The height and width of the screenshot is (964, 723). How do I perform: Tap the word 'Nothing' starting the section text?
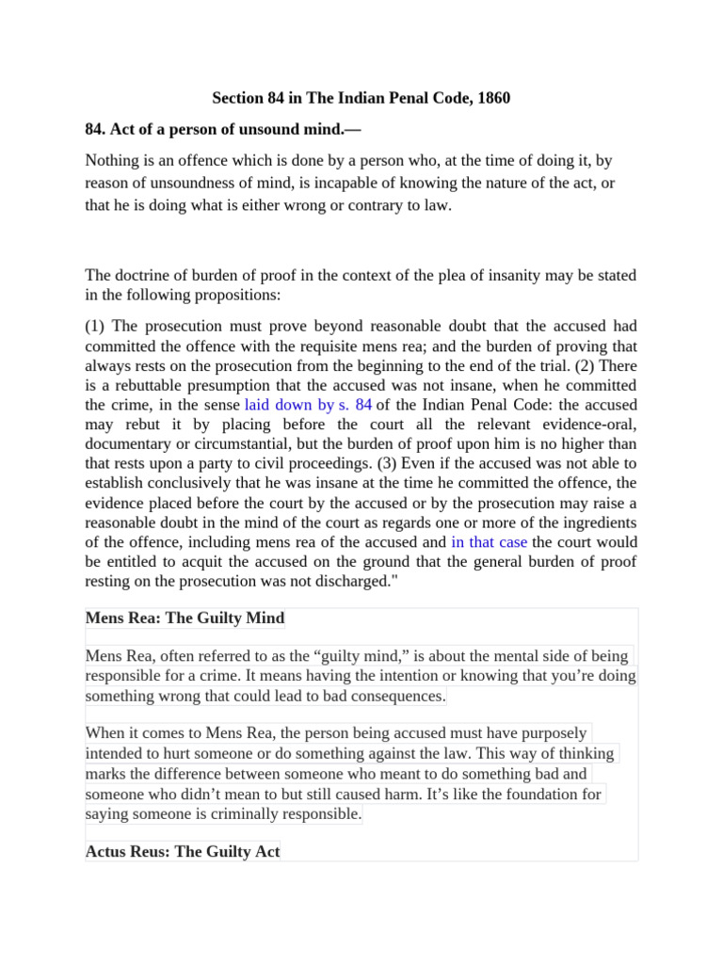click(x=112, y=161)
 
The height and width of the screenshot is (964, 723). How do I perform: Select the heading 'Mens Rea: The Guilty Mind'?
click(x=185, y=619)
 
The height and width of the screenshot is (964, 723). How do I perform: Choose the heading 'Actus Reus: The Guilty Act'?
click(x=183, y=852)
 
